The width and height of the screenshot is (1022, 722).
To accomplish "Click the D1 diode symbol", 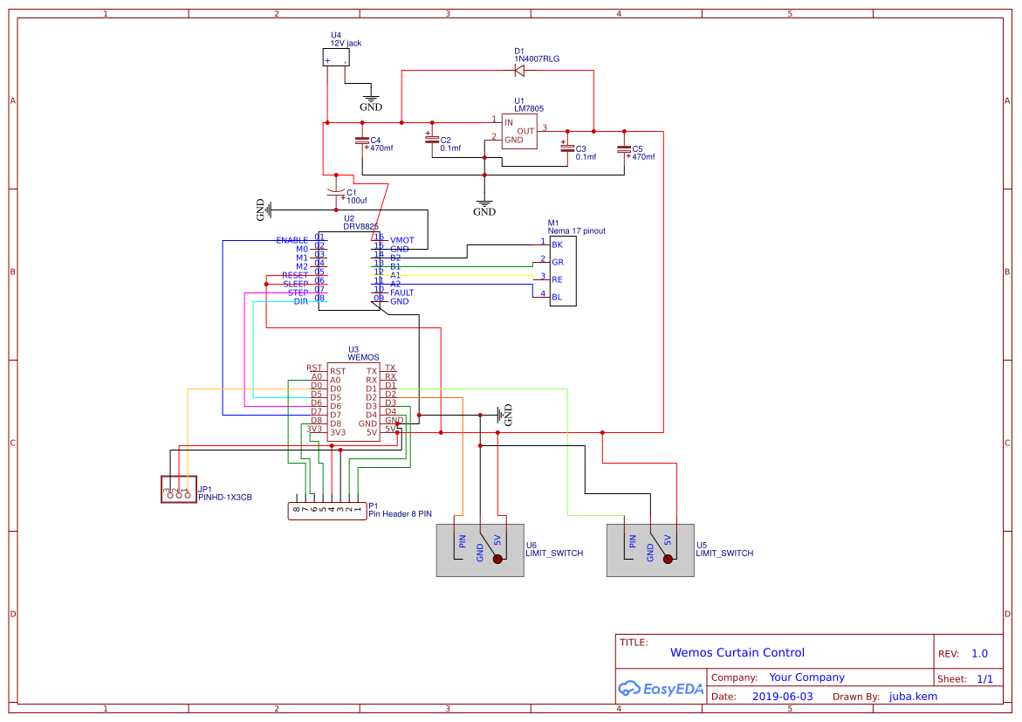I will pyautogui.click(x=519, y=71).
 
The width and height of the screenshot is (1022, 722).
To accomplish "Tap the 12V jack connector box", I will pyautogui.click(x=337, y=58).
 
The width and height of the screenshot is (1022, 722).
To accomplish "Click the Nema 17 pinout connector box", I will pyautogui.click(x=563, y=271).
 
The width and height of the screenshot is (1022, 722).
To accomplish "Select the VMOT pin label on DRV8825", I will pyautogui.click(x=401, y=240).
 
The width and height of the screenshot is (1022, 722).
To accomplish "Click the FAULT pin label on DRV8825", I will pyautogui.click(x=401, y=292).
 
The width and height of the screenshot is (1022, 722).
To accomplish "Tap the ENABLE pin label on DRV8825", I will pyautogui.click(x=292, y=240).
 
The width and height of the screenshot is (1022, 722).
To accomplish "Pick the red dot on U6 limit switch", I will pyautogui.click(x=498, y=559).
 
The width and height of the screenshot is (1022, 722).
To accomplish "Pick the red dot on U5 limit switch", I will pyautogui.click(x=669, y=559).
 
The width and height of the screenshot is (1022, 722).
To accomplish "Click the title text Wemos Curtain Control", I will pyautogui.click(x=737, y=652).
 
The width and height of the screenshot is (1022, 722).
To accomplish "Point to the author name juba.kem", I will pyautogui.click(x=913, y=697).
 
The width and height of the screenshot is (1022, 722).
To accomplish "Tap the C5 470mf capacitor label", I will pyautogui.click(x=642, y=153).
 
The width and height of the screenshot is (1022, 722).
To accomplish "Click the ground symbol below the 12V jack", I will pyautogui.click(x=371, y=101).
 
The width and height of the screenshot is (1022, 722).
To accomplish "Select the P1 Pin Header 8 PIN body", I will pyautogui.click(x=327, y=512).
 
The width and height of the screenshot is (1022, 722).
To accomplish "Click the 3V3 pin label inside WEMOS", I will pyautogui.click(x=338, y=431).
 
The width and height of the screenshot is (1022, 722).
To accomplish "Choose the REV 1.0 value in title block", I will pyautogui.click(x=979, y=654).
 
